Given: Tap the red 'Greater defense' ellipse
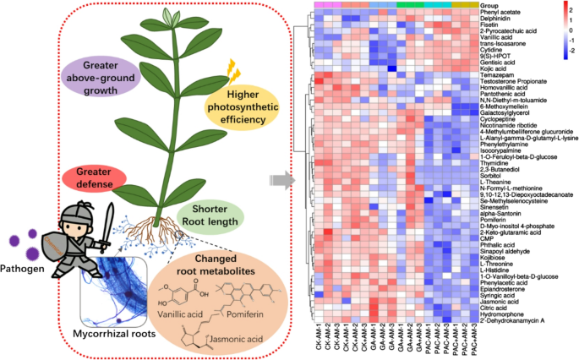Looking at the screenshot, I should pyautogui.click(x=93, y=177).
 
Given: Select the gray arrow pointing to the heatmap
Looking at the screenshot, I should pyautogui.click(x=280, y=179).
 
